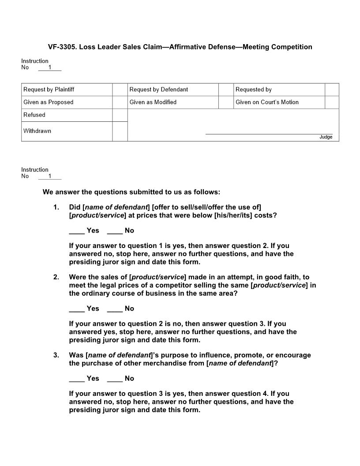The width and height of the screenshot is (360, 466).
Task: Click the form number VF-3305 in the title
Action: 61,47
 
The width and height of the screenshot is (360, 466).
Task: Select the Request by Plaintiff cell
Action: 49,90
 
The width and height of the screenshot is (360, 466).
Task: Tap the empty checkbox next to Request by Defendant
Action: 225,90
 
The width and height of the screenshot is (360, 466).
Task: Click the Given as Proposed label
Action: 49,102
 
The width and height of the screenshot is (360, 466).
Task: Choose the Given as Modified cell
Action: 153,102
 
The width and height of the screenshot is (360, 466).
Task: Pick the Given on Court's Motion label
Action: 267,102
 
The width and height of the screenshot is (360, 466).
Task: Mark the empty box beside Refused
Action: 120,115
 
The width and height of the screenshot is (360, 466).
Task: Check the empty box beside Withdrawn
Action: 120,131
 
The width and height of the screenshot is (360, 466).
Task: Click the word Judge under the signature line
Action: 326,137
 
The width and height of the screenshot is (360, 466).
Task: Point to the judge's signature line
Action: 269,133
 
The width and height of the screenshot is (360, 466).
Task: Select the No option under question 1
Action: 115,231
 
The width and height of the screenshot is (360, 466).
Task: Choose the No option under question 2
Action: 115,309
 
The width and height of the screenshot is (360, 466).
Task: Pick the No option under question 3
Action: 115,379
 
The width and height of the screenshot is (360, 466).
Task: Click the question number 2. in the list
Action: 56,277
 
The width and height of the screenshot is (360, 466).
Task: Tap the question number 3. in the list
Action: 56,355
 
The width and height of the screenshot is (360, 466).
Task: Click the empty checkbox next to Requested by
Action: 332,90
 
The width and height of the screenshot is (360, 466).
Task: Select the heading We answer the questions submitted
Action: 131,192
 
